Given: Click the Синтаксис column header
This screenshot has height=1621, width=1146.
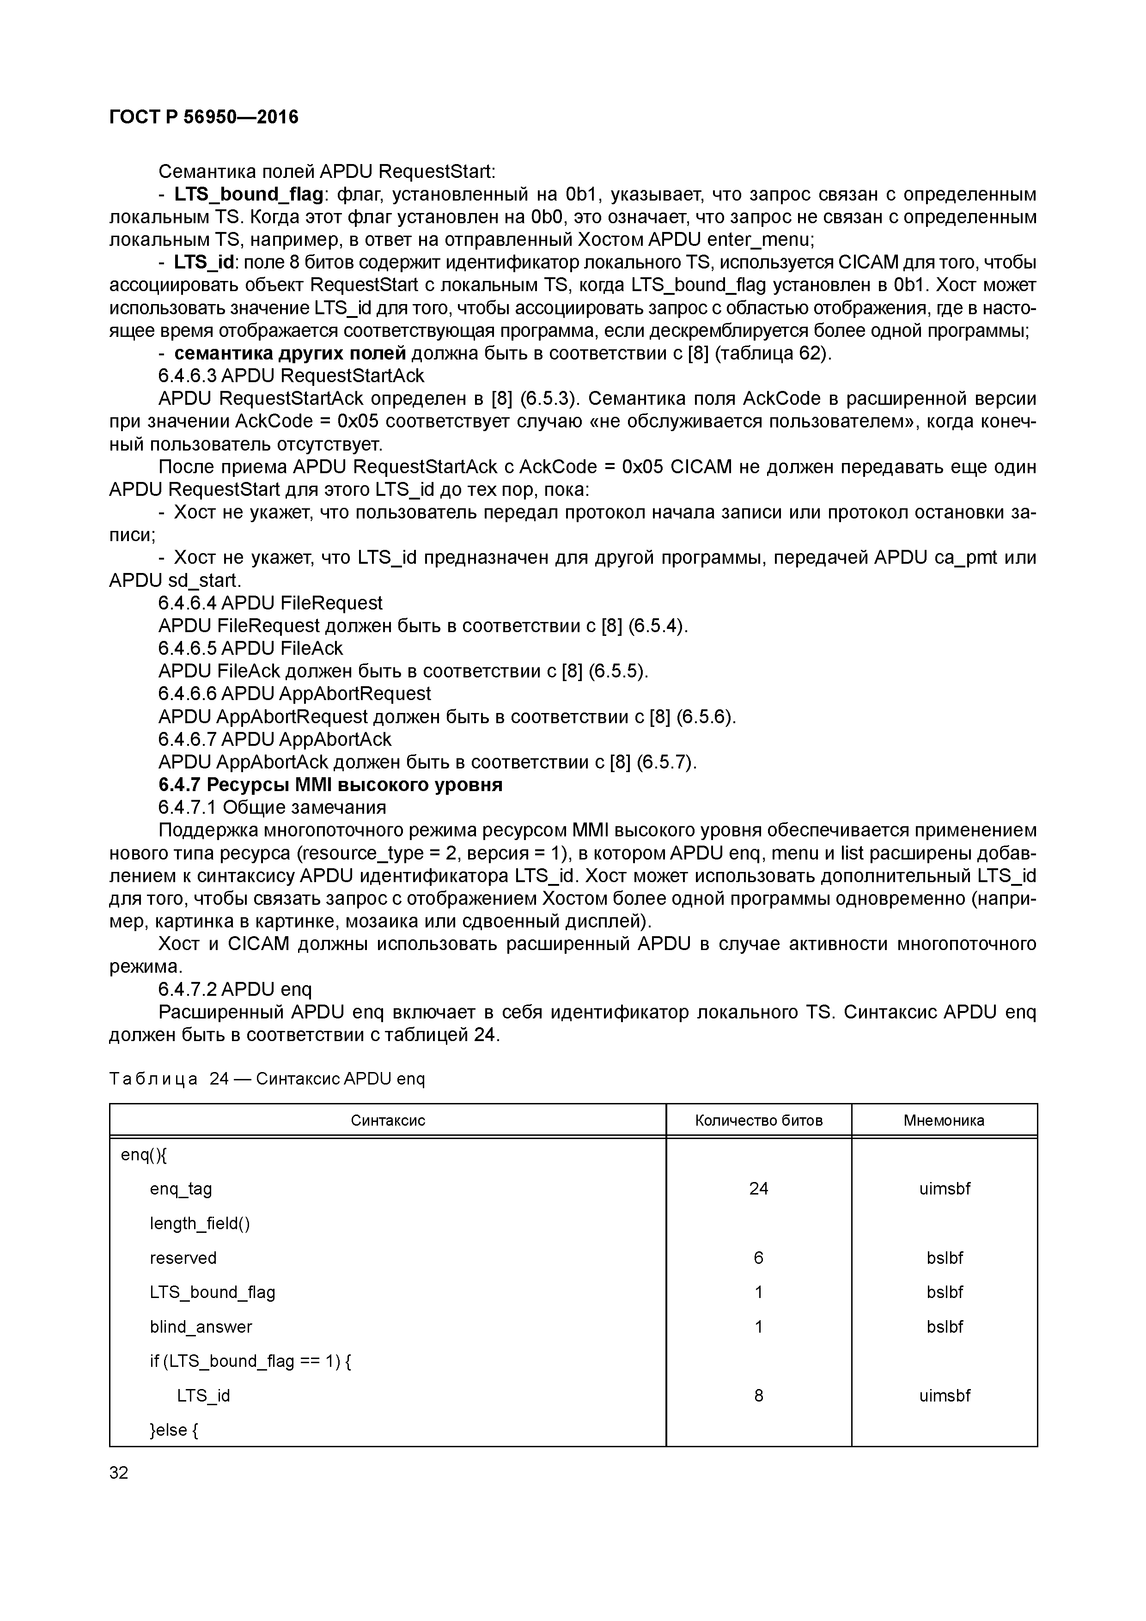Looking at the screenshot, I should click(x=388, y=1121).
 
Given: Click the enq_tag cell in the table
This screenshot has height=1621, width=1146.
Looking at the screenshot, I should click(x=181, y=1189).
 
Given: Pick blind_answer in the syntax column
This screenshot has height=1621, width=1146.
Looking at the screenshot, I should click(x=201, y=1327).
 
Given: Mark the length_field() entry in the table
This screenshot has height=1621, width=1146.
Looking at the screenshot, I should click(x=200, y=1224).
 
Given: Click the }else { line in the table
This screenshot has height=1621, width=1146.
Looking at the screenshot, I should click(x=174, y=1430).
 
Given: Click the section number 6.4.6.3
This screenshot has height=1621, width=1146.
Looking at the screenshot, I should click(x=187, y=376).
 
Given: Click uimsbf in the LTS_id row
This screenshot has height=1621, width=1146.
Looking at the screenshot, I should click(x=944, y=1395).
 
